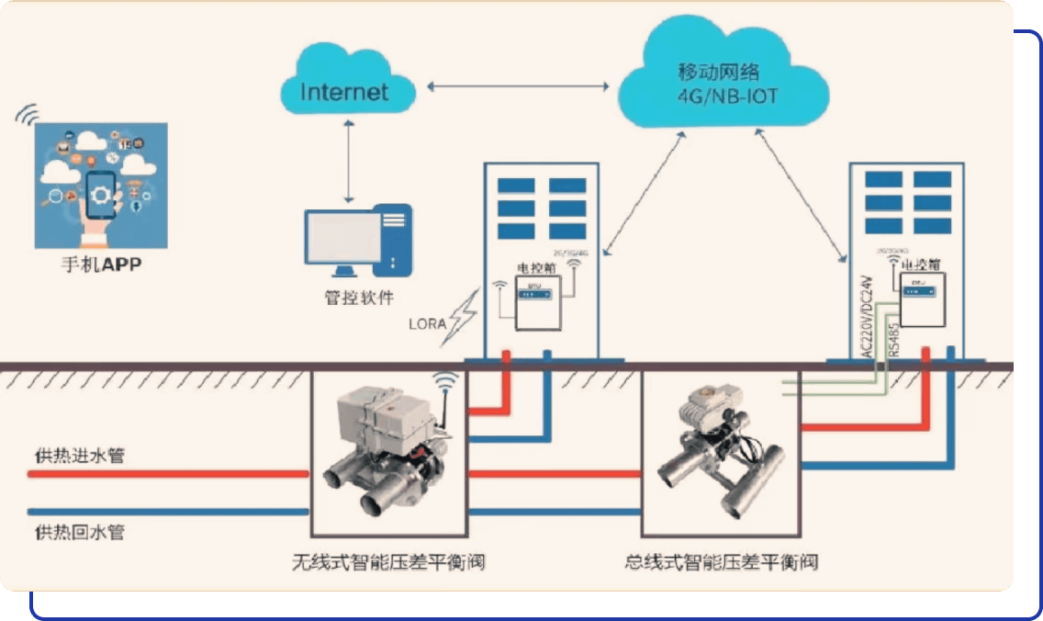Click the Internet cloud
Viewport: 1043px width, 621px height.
tap(345, 91)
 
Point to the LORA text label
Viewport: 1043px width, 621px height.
tap(427, 324)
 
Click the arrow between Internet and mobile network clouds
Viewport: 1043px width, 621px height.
tap(519, 86)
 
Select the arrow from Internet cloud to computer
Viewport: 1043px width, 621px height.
tap(347, 161)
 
